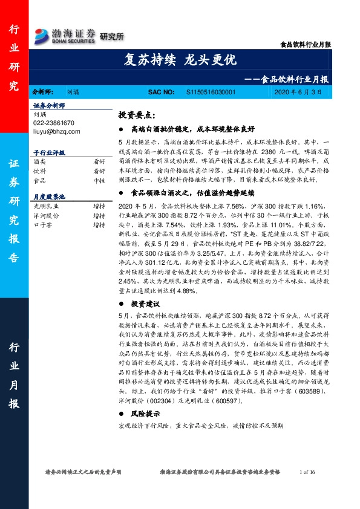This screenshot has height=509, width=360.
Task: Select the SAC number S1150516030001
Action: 209,92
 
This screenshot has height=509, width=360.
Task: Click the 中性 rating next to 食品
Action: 99,180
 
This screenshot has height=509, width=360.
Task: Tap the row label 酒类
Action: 39,162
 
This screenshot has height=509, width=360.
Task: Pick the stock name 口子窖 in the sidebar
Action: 42,224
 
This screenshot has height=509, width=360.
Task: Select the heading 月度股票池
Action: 50,197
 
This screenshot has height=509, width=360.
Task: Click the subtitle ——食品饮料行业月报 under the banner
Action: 290,79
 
